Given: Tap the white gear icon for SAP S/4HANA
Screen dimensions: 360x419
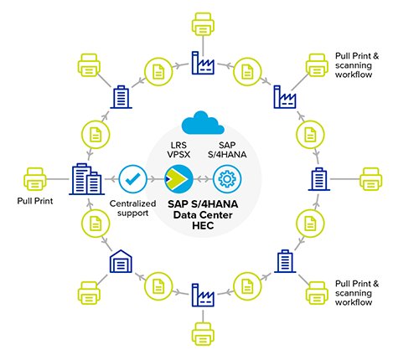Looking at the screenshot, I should tap(225, 178).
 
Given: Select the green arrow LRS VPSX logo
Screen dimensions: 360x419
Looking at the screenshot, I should tap(178, 178).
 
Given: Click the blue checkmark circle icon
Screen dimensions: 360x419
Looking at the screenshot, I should tap(132, 178).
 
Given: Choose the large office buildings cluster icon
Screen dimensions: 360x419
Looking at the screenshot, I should tap(81, 178).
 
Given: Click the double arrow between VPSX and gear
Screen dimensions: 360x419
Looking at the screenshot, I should tap(201, 178).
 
